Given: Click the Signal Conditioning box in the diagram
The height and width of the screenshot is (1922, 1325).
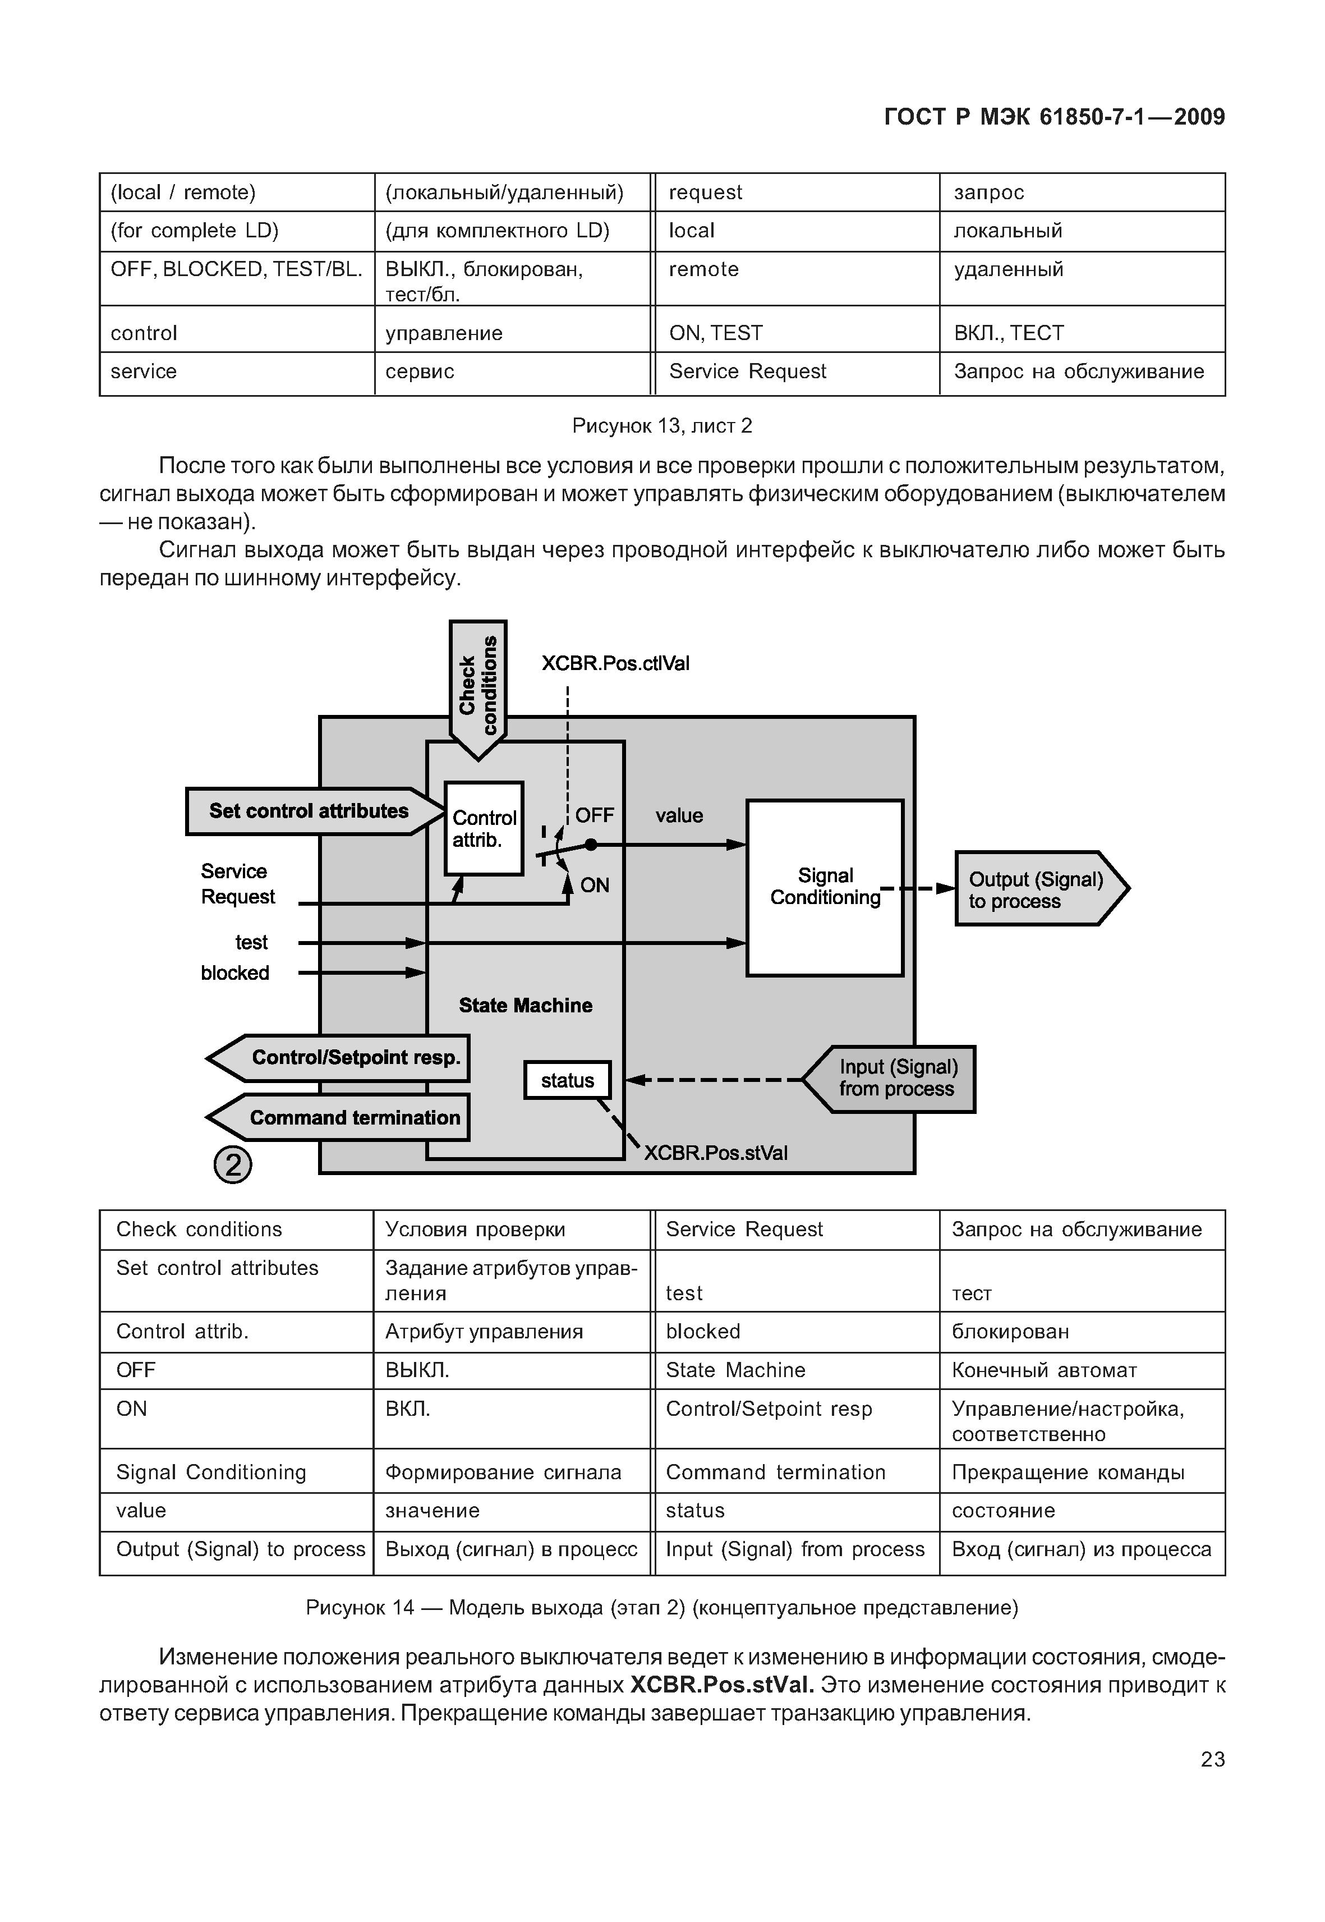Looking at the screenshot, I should [825, 887].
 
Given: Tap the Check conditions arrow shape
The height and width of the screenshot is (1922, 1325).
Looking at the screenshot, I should [478, 685].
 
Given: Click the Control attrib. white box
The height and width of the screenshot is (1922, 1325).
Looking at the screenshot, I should [484, 828].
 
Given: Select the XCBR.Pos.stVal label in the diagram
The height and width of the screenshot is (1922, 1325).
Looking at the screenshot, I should [716, 1153].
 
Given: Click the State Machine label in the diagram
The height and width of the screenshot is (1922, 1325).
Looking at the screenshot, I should [526, 1006].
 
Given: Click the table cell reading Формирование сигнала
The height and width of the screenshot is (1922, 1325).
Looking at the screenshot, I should [503, 1473].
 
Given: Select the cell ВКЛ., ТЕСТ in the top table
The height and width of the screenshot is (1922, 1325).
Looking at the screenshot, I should [1009, 333].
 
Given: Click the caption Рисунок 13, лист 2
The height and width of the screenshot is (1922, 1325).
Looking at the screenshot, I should [662, 426].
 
